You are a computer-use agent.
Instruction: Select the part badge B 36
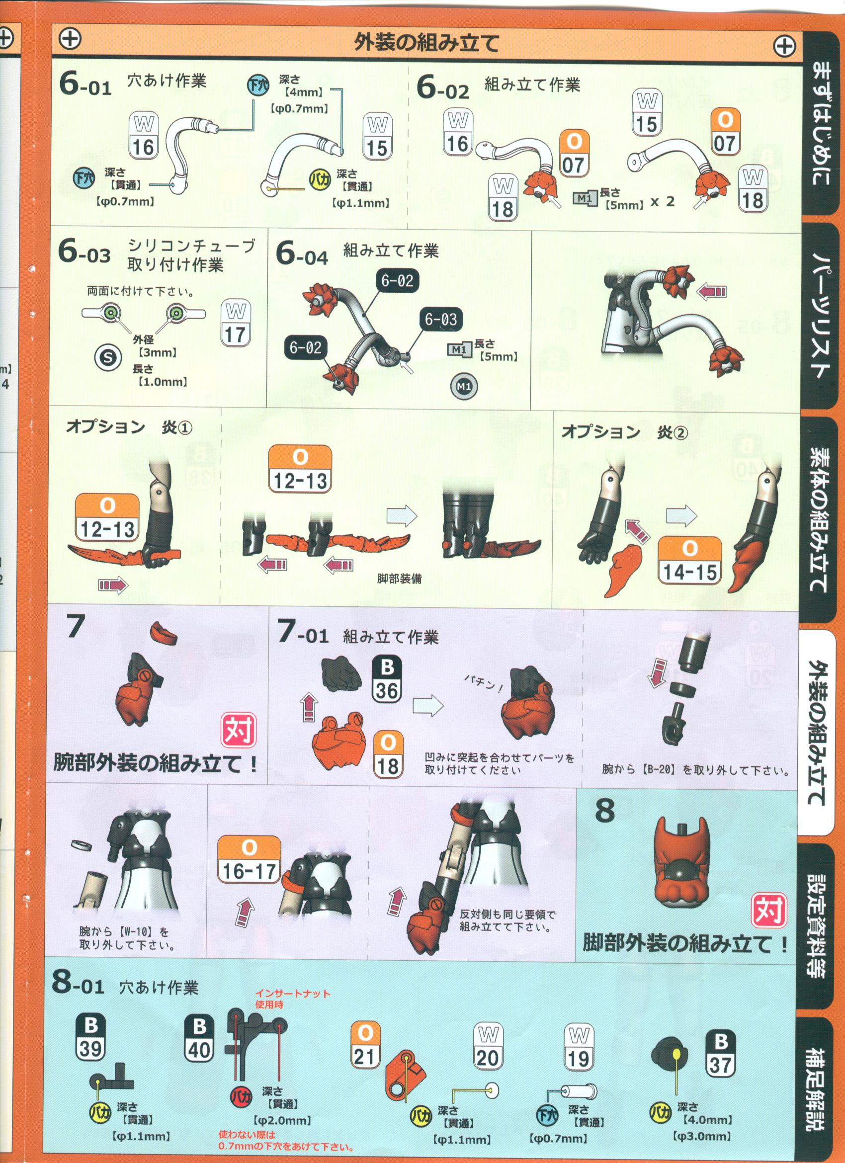pyautogui.click(x=387, y=679)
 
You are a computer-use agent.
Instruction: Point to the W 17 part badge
pyautogui.click(x=235, y=324)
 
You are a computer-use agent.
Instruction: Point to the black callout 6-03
pyautogui.click(x=440, y=320)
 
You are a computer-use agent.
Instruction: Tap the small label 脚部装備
pyautogui.click(x=399, y=579)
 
